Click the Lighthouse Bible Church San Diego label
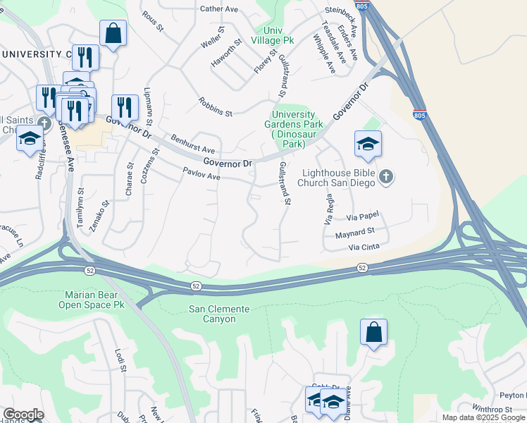(340, 178)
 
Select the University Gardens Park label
(298, 129)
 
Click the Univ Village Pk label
(282, 35)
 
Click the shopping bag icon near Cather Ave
(113, 32)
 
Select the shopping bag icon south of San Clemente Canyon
(373, 331)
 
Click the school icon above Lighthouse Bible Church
(368, 144)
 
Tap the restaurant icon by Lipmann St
(125, 107)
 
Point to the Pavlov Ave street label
(201, 173)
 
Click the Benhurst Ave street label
(192, 145)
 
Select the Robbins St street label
(215, 106)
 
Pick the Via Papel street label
(364, 219)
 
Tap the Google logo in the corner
(23, 415)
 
